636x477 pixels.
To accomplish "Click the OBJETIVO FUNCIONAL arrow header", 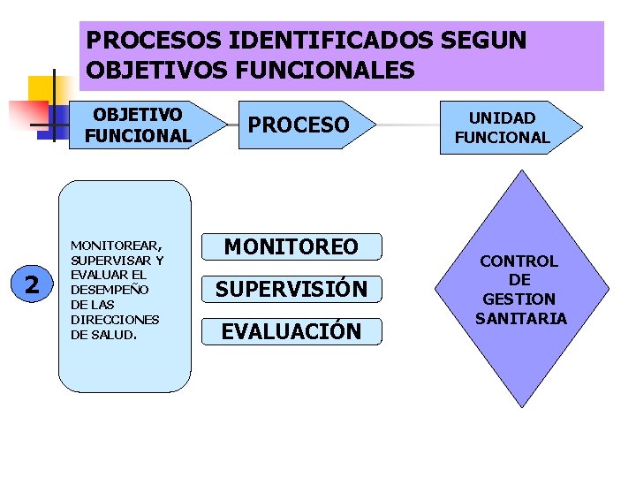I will tap(139, 125).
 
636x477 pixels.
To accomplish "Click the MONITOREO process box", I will tap(291, 247).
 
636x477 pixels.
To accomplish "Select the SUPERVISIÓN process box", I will tap(291, 289).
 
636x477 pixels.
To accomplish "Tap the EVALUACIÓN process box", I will tap(291, 331).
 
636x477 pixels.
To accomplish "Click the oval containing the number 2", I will tap(33, 284).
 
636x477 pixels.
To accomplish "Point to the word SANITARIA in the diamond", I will tap(520, 318).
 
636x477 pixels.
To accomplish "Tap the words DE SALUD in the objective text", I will tap(102, 335).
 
